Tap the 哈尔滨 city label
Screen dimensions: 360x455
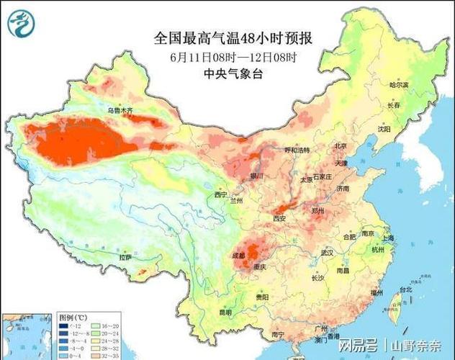[x=398, y=84]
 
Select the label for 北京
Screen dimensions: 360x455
[x=341, y=145]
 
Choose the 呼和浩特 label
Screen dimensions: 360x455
[x=297, y=150]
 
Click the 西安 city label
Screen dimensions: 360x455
[x=280, y=218]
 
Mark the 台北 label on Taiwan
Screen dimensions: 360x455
[x=405, y=289]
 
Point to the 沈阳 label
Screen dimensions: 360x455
[x=383, y=129]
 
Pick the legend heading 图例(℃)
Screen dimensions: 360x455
[x=73, y=318]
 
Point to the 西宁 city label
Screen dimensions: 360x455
[x=220, y=194]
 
